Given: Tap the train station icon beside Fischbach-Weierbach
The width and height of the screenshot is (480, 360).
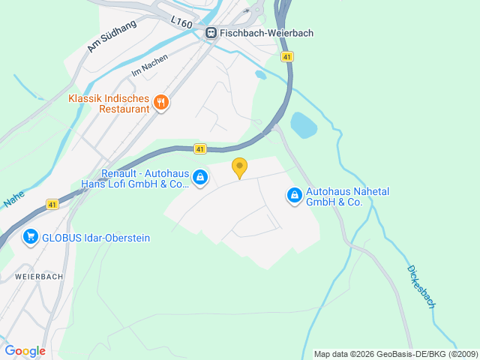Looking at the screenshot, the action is click(211, 33).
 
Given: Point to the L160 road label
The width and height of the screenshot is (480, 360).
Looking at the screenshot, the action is click(181, 24).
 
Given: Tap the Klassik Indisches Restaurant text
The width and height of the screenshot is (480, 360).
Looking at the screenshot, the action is click(109, 103).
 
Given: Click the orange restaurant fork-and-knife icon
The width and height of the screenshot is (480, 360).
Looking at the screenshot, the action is click(160, 103).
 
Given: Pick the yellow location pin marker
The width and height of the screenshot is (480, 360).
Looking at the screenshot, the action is click(239, 167).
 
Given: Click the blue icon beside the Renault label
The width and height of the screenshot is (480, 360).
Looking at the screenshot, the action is click(199, 178).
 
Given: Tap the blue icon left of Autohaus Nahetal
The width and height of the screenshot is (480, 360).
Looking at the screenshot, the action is click(295, 196).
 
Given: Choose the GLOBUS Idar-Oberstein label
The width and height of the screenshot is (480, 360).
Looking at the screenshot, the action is click(96, 238).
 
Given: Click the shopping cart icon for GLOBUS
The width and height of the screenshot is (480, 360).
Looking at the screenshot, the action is click(31, 238).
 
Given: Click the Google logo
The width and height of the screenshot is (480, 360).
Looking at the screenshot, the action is click(25, 351).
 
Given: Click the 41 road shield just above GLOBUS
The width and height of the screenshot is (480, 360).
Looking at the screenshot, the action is click(52, 204).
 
